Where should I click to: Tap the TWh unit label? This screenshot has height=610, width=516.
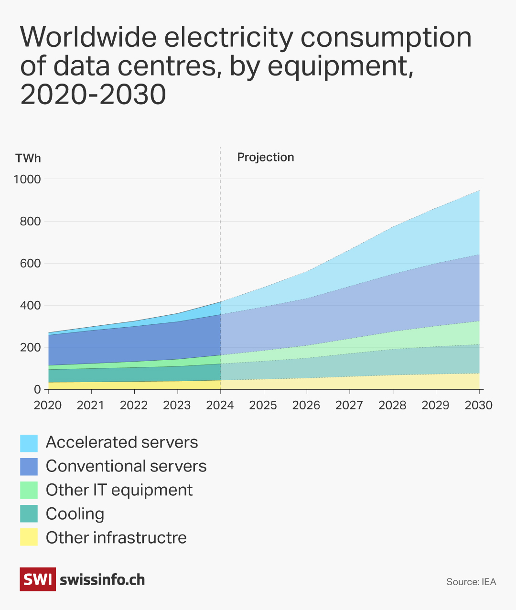click(x=28, y=159)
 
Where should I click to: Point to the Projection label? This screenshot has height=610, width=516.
click(x=265, y=157)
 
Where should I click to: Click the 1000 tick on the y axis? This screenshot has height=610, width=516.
click(x=27, y=179)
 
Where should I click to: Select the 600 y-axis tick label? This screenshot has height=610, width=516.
click(x=31, y=263)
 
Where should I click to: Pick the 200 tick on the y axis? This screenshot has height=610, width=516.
click(x=31, y=347)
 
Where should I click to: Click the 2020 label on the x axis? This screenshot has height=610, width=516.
click(x=48, y=405)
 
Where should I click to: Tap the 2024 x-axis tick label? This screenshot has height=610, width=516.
click(x=220, y=405)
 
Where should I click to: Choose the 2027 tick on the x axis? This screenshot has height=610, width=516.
click(x=349, y=405)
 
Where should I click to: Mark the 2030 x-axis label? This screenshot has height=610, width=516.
click(x=478, y=405)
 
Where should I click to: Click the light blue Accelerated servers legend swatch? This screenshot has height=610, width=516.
click(x=29, y=443)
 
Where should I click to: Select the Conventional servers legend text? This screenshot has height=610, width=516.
click(x=126, y=466)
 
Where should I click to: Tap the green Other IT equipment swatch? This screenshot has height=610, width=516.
click(x=29, y=490)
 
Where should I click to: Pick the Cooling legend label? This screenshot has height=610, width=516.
click(x=75, y=514)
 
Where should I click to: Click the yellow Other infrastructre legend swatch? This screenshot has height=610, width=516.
click(x=29, y=537)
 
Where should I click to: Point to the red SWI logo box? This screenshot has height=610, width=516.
click(x=38, y=579)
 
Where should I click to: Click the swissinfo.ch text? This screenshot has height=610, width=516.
click(x=102, y=580)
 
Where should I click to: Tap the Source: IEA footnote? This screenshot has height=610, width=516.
click(x=471, y=582)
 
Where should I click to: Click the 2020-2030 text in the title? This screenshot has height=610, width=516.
click(x=93, y=94)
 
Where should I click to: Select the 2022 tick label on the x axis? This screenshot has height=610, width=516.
click(x=134, y=405)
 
